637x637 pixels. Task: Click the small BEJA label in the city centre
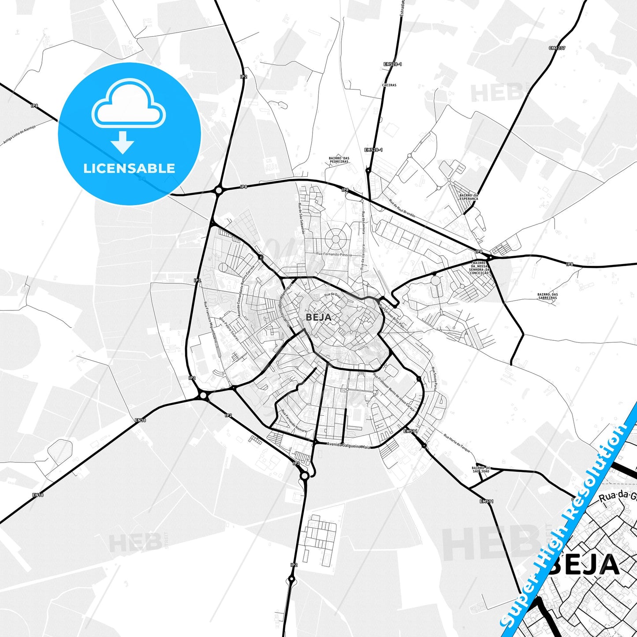[x=318, y=317]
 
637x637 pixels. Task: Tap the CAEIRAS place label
[x=390, y=85]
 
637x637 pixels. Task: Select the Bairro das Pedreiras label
[x=339, y=160]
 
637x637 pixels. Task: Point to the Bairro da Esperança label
[x=469, y=197]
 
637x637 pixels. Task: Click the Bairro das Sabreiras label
[x=547, y=296]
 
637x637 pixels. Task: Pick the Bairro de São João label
[x=481, y=469]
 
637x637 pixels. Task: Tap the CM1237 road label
[x=557, y=48]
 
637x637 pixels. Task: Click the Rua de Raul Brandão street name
[x=402, y=208]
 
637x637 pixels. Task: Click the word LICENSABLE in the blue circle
[x=129, y=168]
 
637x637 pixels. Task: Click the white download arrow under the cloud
[x=123, y=142]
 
